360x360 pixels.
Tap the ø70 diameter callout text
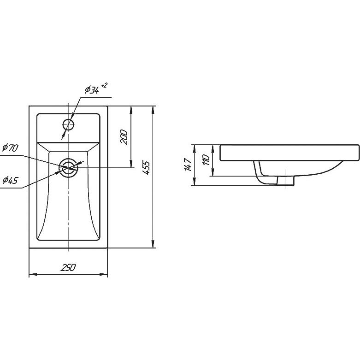10,148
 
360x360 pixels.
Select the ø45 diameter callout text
10,180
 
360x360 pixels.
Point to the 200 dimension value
124,137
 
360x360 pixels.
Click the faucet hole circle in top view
68,124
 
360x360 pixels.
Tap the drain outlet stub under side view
285,181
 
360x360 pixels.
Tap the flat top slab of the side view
289,153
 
